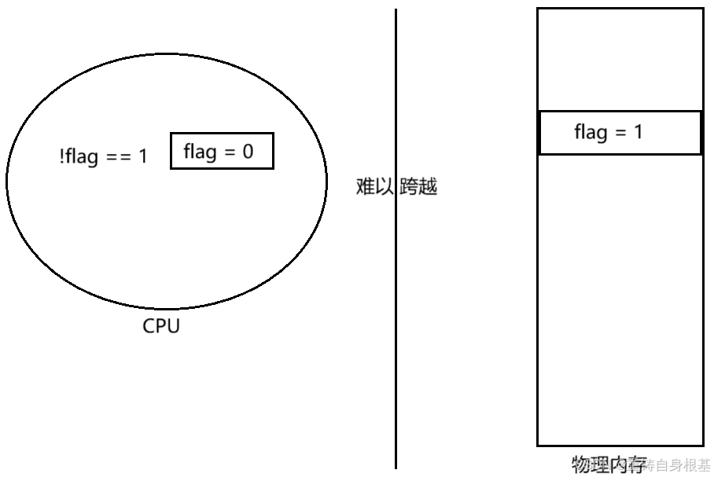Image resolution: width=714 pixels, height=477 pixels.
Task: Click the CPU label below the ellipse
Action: pos(161,325)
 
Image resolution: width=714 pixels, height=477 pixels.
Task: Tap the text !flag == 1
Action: pos(102,156)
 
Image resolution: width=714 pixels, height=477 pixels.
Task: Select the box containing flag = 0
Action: pos(222,151)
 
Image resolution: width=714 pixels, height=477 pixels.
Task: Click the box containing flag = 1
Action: pos(620,132)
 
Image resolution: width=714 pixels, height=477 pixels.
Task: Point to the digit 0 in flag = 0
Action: pos(248,152)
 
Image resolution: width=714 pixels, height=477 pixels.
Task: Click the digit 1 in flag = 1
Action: pos(639,132)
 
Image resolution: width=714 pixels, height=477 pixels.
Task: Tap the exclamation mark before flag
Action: pos(61,156)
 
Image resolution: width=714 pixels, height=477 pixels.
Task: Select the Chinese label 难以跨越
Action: pos(396,187)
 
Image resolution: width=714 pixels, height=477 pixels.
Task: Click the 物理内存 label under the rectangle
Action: pos(609,464)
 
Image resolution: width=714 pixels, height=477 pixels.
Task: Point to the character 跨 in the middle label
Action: pos(409,187)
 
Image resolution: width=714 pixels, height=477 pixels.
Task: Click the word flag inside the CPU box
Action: pos(200,152)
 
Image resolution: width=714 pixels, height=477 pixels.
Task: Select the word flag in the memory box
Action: pos(591,132)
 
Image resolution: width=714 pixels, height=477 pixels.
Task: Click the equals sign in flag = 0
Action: pos(230,152)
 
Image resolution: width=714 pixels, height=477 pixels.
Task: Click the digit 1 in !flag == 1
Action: pos(142,156)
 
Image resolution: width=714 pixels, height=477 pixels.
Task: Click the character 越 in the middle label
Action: pos(428,187)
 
